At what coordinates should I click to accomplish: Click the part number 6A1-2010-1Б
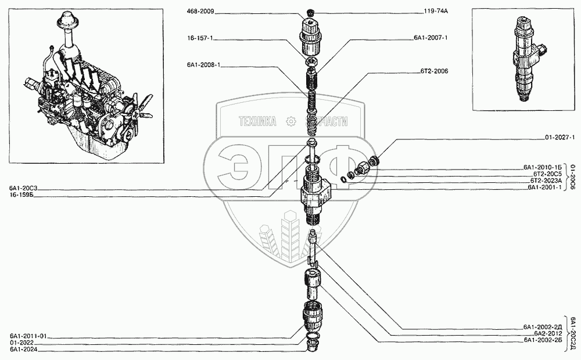pyautogui.click(x=543, y=168)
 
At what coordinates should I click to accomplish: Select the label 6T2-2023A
pyautogui.click(x=545, y=181)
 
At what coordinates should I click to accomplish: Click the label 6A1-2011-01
pyautogui.click(x=27, y=336)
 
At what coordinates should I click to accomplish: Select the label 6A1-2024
pyautogui.click(x=23, y=350)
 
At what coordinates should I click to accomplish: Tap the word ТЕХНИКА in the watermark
pyautogui.click(x=259, y=121)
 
